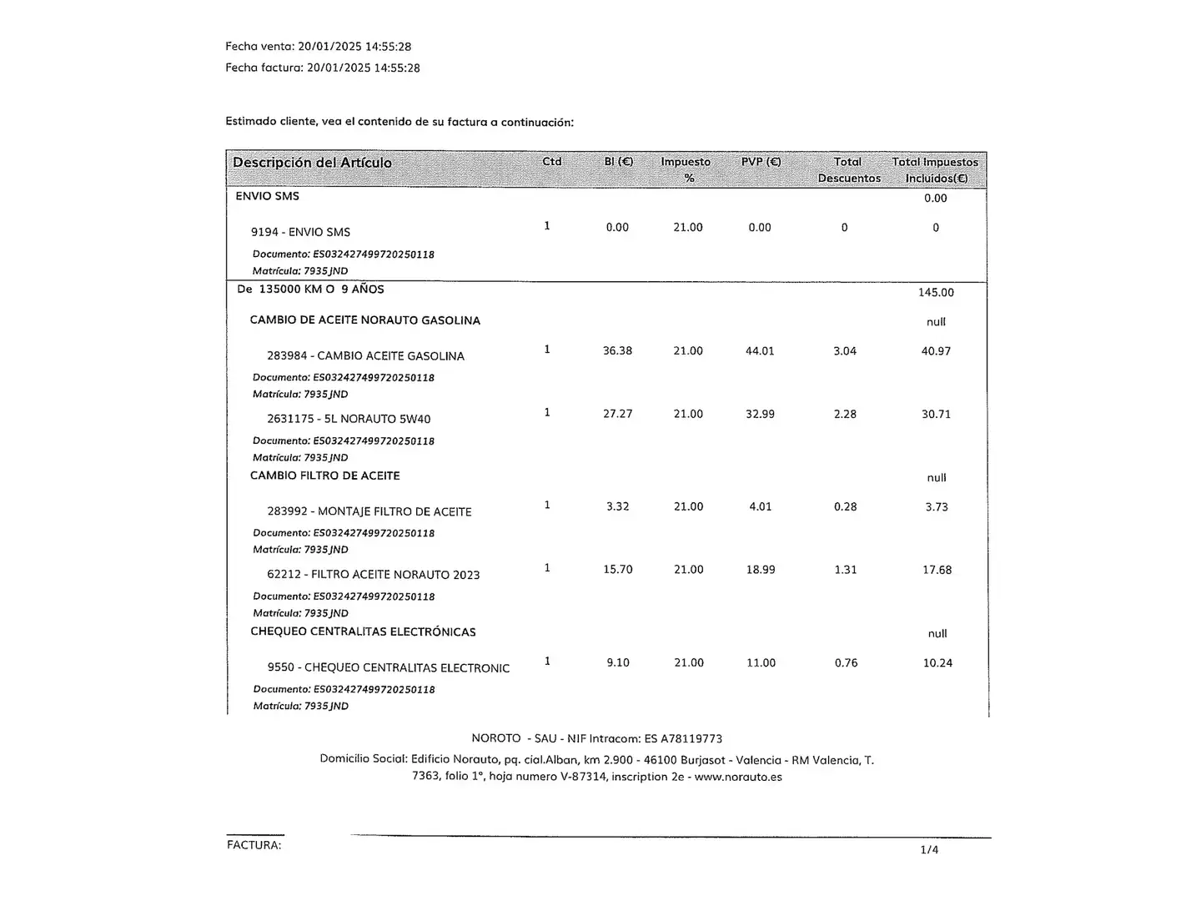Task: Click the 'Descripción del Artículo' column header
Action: (x=312, y=163)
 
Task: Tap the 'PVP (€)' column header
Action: (x=761, y=162)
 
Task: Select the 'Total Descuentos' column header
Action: (x=848, y=169)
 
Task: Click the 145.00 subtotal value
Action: (x=936, y=293)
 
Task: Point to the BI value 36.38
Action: (x=617, y=351)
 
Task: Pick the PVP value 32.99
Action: (x=760, y=415)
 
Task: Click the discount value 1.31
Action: (x=846, y=570)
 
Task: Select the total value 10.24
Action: (x=937, y=663)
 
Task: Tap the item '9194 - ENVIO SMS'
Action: (x=300, y=233)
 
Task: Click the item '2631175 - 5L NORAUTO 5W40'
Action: (x=349, y=420)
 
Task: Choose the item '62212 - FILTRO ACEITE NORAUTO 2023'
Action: (x=373, y=575)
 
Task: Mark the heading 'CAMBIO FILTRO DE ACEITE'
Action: (x=325, y=476)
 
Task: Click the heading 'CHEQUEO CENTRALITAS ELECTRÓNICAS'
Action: (x=363, y=632)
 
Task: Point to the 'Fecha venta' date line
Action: (x=318, y=47)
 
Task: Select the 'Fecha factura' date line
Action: (x=322, y=68)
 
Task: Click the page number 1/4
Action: (x=929, y=850)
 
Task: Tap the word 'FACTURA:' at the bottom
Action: (x=254, y=845)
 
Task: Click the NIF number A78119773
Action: (x=691, y=739)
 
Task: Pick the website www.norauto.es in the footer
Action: (x=738, y=777)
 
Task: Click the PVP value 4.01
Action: (x=761, y=507)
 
